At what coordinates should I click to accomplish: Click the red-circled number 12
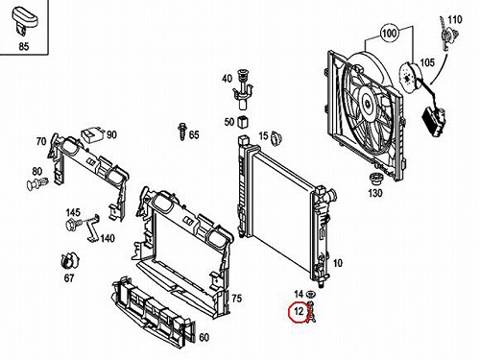coord(299,311)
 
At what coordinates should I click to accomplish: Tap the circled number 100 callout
coord(389,33)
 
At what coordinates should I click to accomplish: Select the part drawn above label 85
coord(24,20)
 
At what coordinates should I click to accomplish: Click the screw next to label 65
coord(181,132)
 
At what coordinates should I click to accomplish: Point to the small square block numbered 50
coord(243,122)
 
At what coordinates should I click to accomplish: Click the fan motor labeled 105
coord(410,78)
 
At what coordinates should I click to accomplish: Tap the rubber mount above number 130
coord(375,179)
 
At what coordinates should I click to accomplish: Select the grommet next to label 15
coord(276,138)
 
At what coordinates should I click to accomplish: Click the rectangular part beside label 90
coord(93,134)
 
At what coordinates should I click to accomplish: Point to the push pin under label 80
coord(37,184)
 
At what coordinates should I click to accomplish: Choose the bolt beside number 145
coord(74,224)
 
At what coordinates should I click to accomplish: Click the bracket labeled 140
coord(93,228)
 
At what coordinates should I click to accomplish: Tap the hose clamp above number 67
coord(69,261)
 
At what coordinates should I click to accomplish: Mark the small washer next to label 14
coord(310,294)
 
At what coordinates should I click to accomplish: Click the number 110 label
coord(455,20)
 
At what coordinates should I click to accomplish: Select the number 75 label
coord(236,299)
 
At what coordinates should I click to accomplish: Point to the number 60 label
coord(204,337)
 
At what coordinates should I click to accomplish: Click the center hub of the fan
coord(368,103)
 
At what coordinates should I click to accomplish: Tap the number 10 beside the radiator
coord(338,263)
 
